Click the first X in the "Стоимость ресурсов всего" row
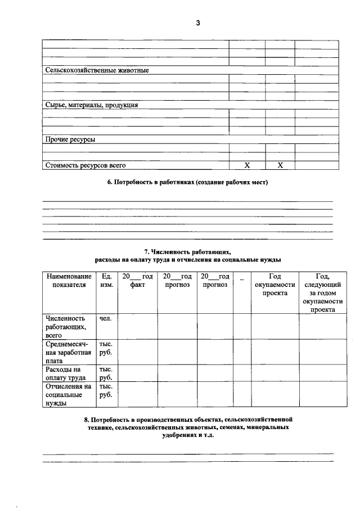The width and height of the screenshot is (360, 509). [x=246, y=165]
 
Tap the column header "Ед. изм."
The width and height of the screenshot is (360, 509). [x=106, y=281]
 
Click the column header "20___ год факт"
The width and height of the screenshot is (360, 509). [x=138, y=281]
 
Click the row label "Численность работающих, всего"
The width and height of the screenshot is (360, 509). [x=66, y=326]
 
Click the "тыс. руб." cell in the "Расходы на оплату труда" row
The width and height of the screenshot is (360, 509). [x=106, y=373]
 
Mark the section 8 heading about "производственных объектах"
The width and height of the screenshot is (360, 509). [x=188, y=427]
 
